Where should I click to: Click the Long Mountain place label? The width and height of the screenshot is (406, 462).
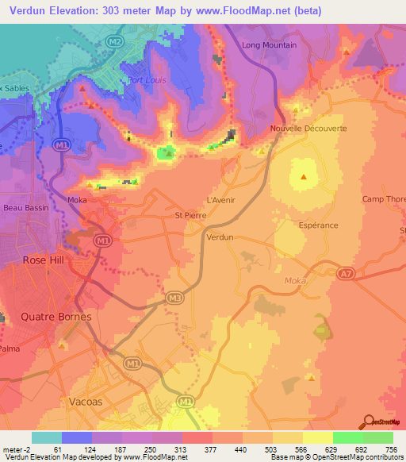coord(269,45)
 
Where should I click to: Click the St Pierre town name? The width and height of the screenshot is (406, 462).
coord(190,215)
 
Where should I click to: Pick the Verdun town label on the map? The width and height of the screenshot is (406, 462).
coord(219,237)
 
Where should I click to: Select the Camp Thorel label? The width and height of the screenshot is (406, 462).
coord(383,199)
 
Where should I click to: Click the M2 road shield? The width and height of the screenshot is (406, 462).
coord(116,40)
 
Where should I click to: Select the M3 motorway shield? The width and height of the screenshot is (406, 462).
coord(174,298)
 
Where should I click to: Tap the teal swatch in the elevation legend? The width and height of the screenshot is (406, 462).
coord(47,437)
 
